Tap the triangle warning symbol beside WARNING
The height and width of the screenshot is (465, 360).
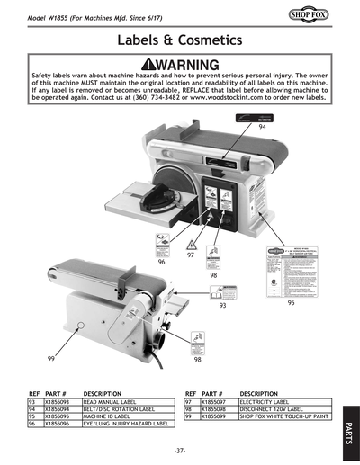click(x=148, y=65)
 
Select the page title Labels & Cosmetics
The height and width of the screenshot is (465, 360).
click(x=179, y=41)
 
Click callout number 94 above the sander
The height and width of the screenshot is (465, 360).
click(x=262, y=129)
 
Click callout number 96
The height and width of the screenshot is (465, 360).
click(x=161, y=263)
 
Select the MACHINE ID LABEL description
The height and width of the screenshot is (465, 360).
click(x=111, y=417)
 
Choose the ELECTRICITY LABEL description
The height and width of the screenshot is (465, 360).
click(x=266, y=403)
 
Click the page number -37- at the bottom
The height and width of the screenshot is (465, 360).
click(x=179, y=448)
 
